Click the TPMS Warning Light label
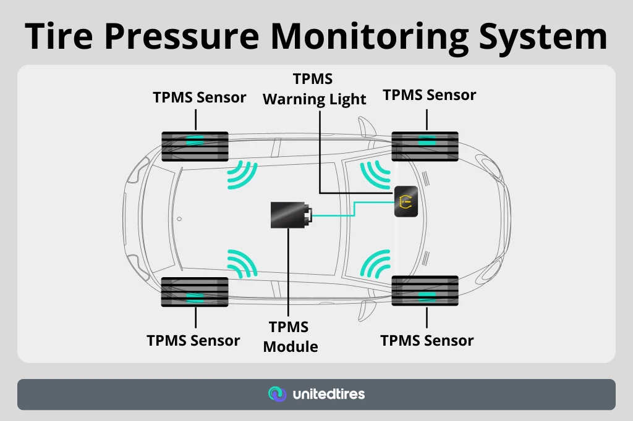(314, 90)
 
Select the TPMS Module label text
(290, 337)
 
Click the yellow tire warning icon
(406, 201)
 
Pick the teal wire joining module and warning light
(354, 210)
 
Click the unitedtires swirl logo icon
(276, 394)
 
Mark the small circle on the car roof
(179, 219)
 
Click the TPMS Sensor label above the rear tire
(200, 98)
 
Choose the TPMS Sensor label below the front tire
(427, 341)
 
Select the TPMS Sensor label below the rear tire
(193, 341)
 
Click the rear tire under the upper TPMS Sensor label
(195, 146)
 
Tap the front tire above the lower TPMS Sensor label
(425, 291)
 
